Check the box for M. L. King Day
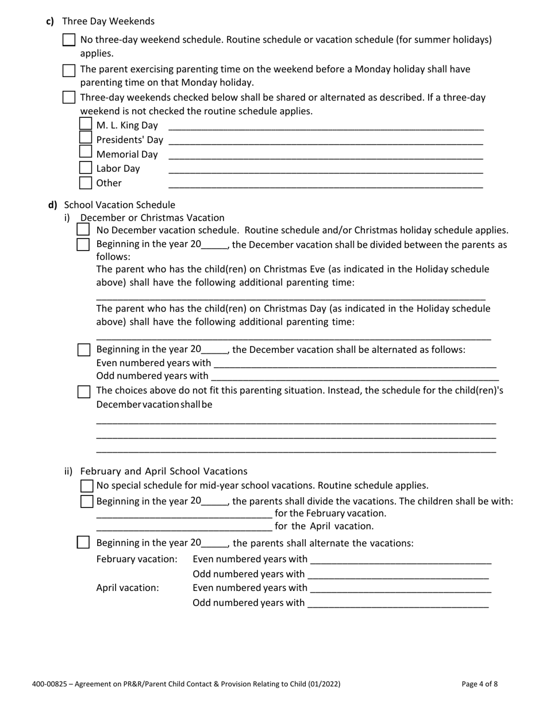click(85, 124)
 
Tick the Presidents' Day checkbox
click(85, 138)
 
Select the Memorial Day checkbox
click(85, 152)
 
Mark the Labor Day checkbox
click(85, 168)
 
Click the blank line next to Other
click(325, 185)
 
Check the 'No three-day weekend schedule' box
click(69, 40)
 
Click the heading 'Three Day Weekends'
click(108, 21)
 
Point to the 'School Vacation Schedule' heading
click(120, 205)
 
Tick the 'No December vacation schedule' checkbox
click(83, 230)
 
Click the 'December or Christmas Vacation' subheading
click(152, 217)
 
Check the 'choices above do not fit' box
click(84, 391)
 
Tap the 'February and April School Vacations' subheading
click(164, 471)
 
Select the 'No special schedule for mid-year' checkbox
click(87, 486)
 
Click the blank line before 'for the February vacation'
click(184, 514)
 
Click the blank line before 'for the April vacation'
click(184, 527)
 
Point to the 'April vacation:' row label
click(128, 588)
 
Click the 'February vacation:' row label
click(137, 559)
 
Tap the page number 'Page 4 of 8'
click(479, 684)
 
